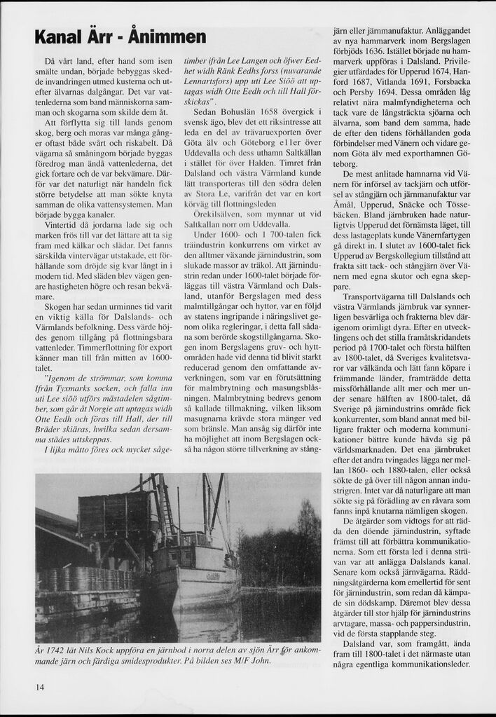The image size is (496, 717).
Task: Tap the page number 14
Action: pyautogui.click(x=39, y=687)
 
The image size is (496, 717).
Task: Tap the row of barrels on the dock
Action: pyautogui.click(x=84, y=579)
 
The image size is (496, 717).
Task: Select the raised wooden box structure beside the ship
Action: pyautogui.click(x=112, y=515)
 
